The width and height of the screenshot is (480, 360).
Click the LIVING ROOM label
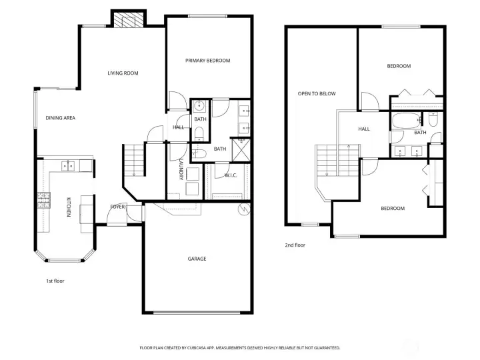[123, 73]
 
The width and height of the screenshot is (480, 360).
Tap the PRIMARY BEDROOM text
[207, 61]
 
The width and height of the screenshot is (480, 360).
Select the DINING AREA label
[60, 118]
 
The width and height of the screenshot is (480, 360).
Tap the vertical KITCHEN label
[67, 207]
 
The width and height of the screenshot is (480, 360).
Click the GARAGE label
[197, 259]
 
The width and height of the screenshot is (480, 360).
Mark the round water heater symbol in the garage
[243, 209]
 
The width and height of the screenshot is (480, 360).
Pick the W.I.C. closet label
[231, 175]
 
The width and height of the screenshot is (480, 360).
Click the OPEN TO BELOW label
[317, 94]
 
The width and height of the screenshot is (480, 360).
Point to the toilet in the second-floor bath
[433, 120]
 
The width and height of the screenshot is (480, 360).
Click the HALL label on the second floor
[364, 129]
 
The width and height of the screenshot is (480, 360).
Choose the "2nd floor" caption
[295, 245]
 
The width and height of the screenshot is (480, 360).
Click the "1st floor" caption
[55, 281]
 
